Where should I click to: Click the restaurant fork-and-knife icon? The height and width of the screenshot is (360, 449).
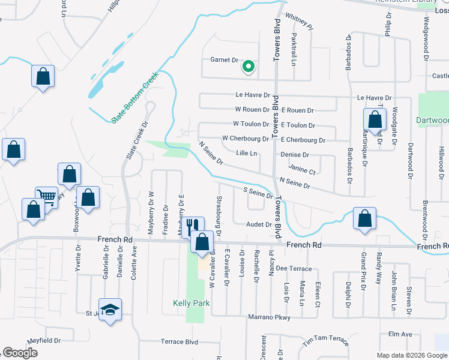click(190, 226)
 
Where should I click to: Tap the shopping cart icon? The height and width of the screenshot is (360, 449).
click(46, 196)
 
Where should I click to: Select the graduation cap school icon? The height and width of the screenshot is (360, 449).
click(110, 310)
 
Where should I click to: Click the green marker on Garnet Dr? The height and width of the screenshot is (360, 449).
click(247, 67)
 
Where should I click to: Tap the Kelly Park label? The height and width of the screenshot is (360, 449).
click(191, 303)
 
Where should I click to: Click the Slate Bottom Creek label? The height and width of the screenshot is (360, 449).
click(134, 98)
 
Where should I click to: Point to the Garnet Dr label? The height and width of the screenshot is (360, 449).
click(224, 61)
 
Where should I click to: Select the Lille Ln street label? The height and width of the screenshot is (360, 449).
click(246, 154)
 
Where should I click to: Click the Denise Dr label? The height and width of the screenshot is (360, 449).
click(294, 154)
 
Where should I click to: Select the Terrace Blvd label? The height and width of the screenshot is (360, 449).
click(179, 341)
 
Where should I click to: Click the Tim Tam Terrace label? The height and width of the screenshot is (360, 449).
click(325, 340)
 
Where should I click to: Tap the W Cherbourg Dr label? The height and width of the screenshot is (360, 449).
click(245, 138)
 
